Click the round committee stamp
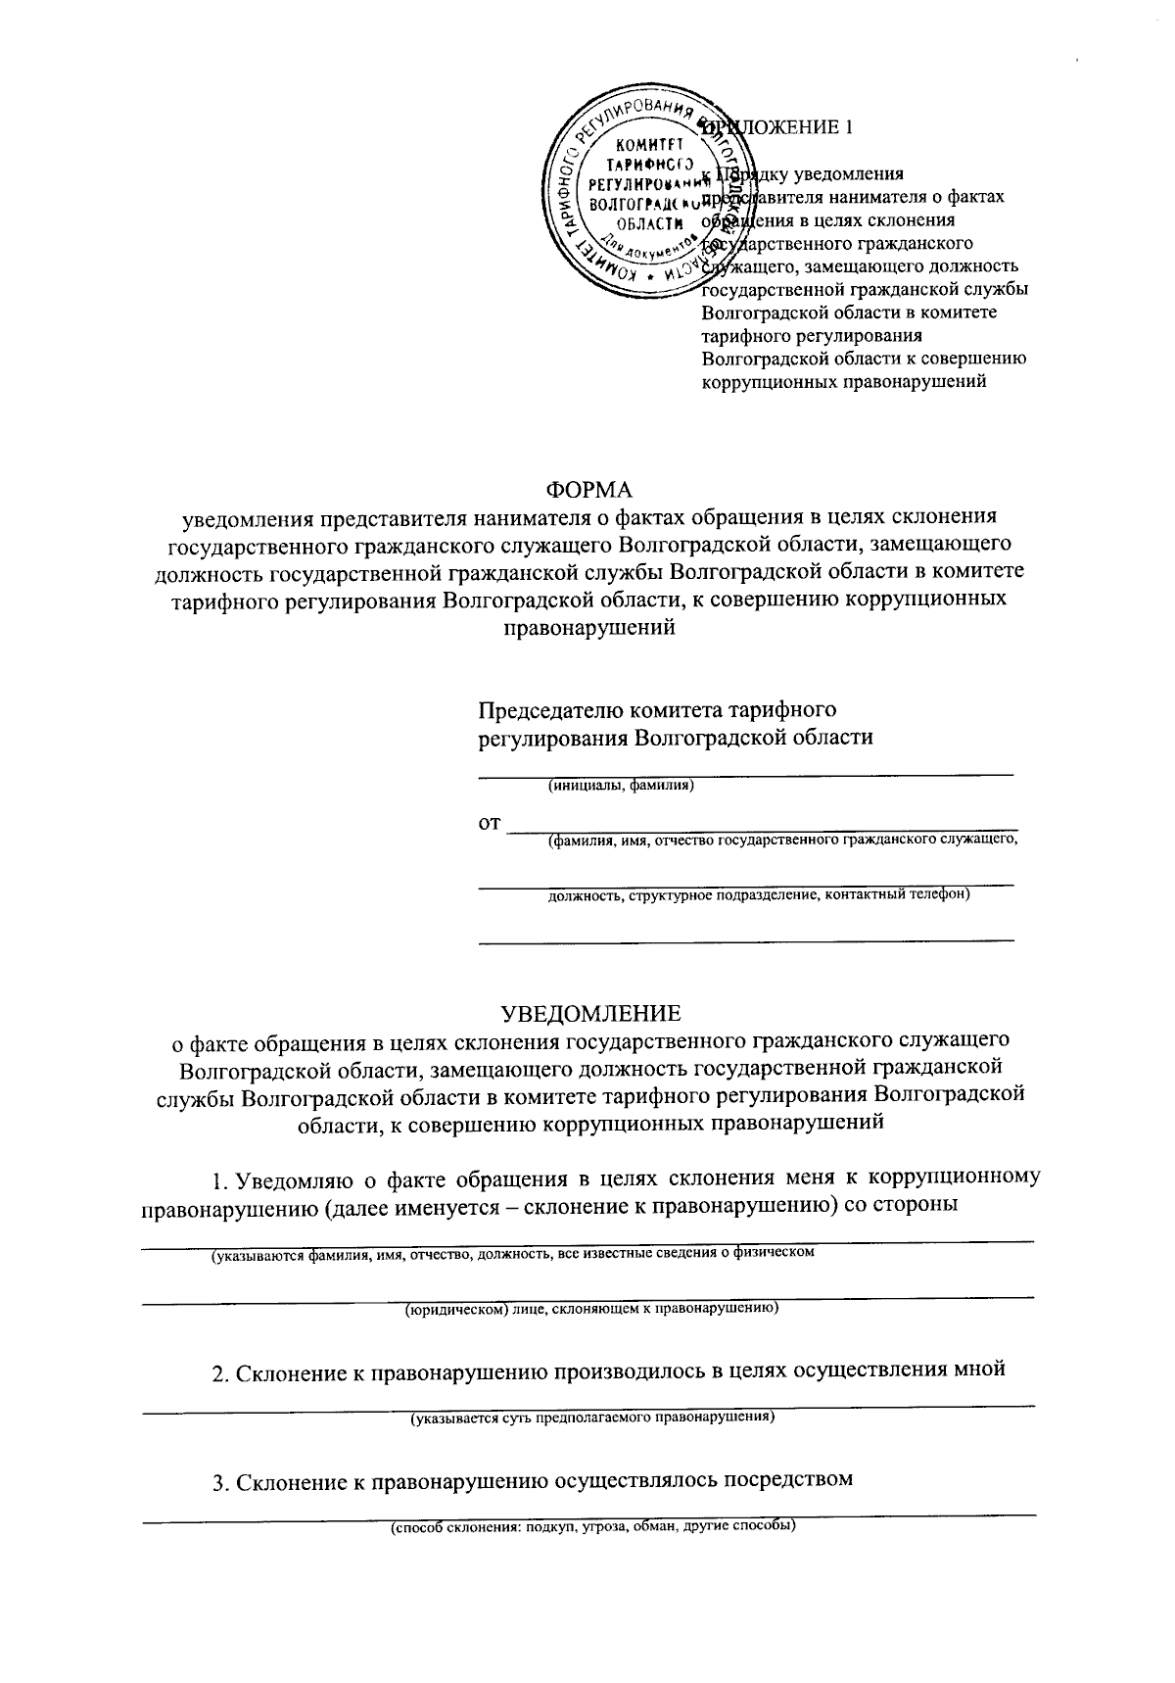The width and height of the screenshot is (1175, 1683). point(641,191)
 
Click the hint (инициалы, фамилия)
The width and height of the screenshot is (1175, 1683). point(621,785)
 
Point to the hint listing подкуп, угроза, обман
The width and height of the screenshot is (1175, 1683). point(592,1526)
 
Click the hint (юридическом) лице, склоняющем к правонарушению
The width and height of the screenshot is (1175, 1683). point(592,1308)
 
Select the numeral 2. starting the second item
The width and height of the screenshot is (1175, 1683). point(221,1371)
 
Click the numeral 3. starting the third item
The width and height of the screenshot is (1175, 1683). point(221,1480)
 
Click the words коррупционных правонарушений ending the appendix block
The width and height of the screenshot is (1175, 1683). point(843,381)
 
